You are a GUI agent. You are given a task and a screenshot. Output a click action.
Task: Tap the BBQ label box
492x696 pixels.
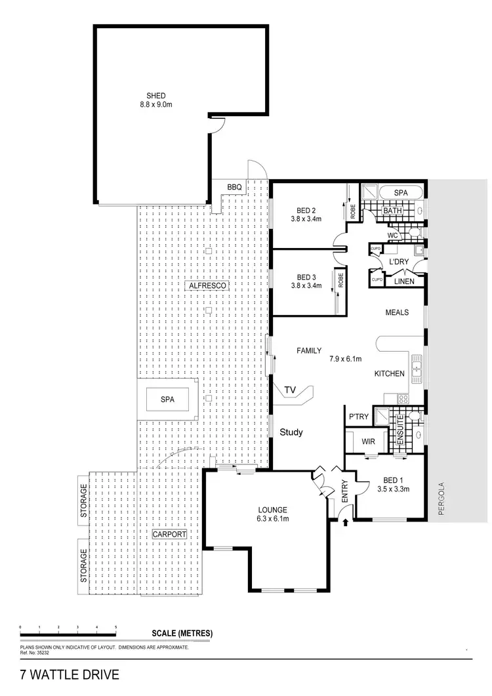[x=235, y=188]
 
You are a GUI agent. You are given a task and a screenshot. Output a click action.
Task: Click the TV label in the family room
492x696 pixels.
[x=291, y=391]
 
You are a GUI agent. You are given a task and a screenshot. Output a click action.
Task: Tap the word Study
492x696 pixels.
[x=291, y=432]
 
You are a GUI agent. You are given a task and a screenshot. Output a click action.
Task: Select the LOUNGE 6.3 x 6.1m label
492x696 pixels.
[x=272, y=514]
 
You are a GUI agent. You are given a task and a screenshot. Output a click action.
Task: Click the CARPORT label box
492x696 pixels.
[x=169, y=534]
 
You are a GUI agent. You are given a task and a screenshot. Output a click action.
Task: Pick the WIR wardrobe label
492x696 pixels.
[x=368, y=441]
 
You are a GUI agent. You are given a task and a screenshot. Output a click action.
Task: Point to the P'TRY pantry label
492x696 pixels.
[x=359, y=417]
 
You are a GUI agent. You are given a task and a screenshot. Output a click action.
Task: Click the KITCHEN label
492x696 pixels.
[x=390, y=373]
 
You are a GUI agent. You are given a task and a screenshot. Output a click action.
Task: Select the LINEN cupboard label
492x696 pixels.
[x=403, y=281]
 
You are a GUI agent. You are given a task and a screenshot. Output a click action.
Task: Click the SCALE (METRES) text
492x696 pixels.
[x=182, y=633]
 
